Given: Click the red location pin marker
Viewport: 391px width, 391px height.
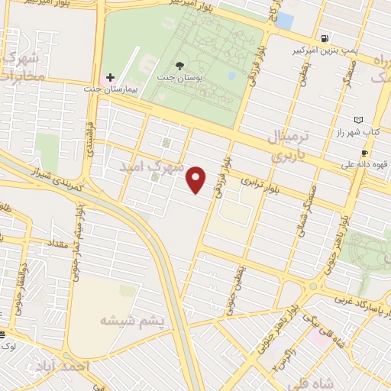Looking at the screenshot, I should [x=197, y=179].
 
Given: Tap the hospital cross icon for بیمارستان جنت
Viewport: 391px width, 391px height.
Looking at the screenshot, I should [x=111, y=77].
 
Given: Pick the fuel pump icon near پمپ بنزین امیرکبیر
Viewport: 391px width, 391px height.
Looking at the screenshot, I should [x=326, y=39].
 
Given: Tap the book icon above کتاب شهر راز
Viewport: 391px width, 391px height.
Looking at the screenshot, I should [x=360, y=120].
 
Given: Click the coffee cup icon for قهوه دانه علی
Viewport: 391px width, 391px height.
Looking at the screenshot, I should [x=365, y=153].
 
